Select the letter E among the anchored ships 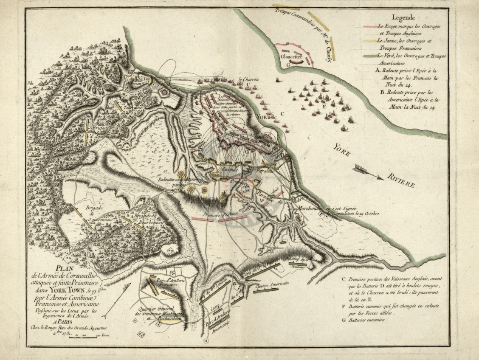pos(324,107)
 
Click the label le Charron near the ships pos(248,79)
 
